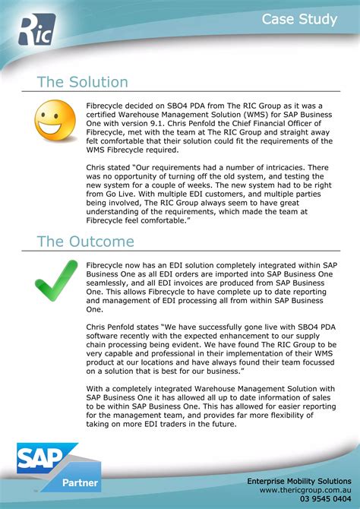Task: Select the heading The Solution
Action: [x=82, y=82]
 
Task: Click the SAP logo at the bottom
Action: [x=45, y=460]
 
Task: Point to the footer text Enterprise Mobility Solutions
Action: [x=298, y=481]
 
